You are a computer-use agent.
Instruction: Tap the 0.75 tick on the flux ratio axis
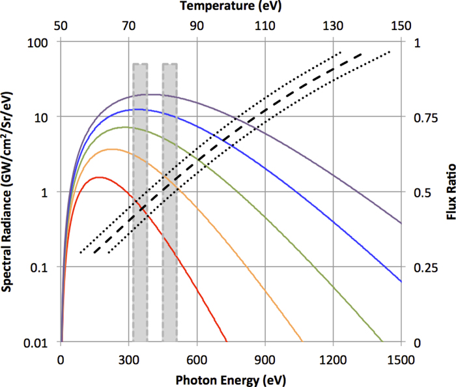(422, 117)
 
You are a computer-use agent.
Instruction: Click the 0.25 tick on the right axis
(422, 268)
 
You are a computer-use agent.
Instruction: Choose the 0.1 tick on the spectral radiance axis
(44, 268)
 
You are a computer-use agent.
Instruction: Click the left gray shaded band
(140, 202)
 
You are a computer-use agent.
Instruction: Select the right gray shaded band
(169, 202)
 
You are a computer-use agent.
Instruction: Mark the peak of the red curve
(98, 177)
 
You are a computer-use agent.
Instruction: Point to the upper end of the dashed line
(361, 54)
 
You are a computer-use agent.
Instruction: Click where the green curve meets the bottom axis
(382, 341)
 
